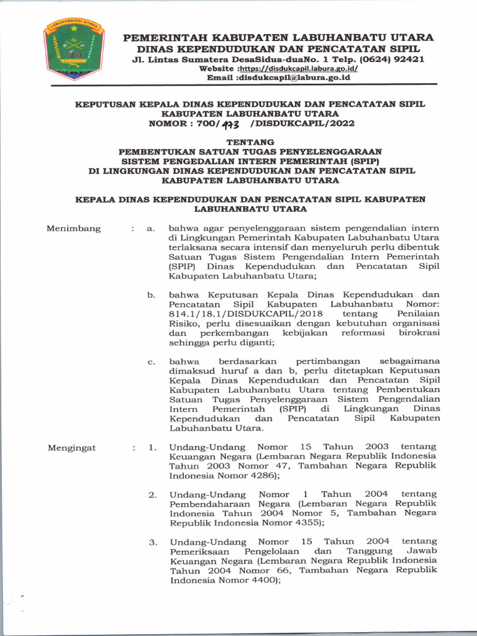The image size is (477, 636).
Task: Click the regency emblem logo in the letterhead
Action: click(x=74, y=49)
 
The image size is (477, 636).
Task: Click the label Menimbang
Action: click(x=73, y=229)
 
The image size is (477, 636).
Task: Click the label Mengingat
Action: click(x=72, y=447)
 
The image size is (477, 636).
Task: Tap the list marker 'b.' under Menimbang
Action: click(x=151, y=294)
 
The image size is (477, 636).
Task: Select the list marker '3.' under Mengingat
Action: click(x=152, y=542)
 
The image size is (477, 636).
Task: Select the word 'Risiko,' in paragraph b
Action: click(x=184, y=324)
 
